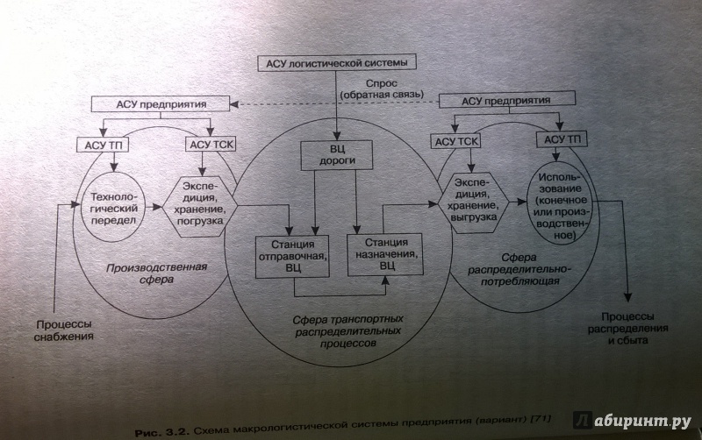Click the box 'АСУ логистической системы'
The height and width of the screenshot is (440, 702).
(335, 64)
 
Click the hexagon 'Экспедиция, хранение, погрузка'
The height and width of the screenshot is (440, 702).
(200, 202)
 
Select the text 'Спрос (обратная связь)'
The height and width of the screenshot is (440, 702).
(379, 88)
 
